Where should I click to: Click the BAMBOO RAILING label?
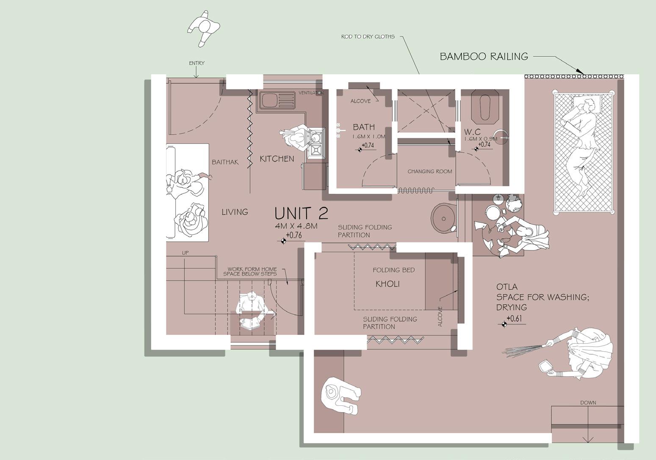(484, 56)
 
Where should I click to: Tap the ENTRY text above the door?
(197, 63)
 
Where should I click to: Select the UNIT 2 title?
(302, 213)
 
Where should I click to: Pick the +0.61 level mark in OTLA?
(514, 318)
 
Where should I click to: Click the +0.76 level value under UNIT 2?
(294, 235)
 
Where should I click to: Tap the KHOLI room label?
(388, 284)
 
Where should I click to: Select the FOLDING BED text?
(393, 270)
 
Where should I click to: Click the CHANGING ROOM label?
(429, 171)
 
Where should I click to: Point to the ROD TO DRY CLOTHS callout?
(368, 36)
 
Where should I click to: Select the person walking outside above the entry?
(204, 28)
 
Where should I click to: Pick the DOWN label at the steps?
(588, 402)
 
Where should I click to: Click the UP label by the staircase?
(185, 253)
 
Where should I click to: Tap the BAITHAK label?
(225, 162)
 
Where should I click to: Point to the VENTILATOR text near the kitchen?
(311, 93)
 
